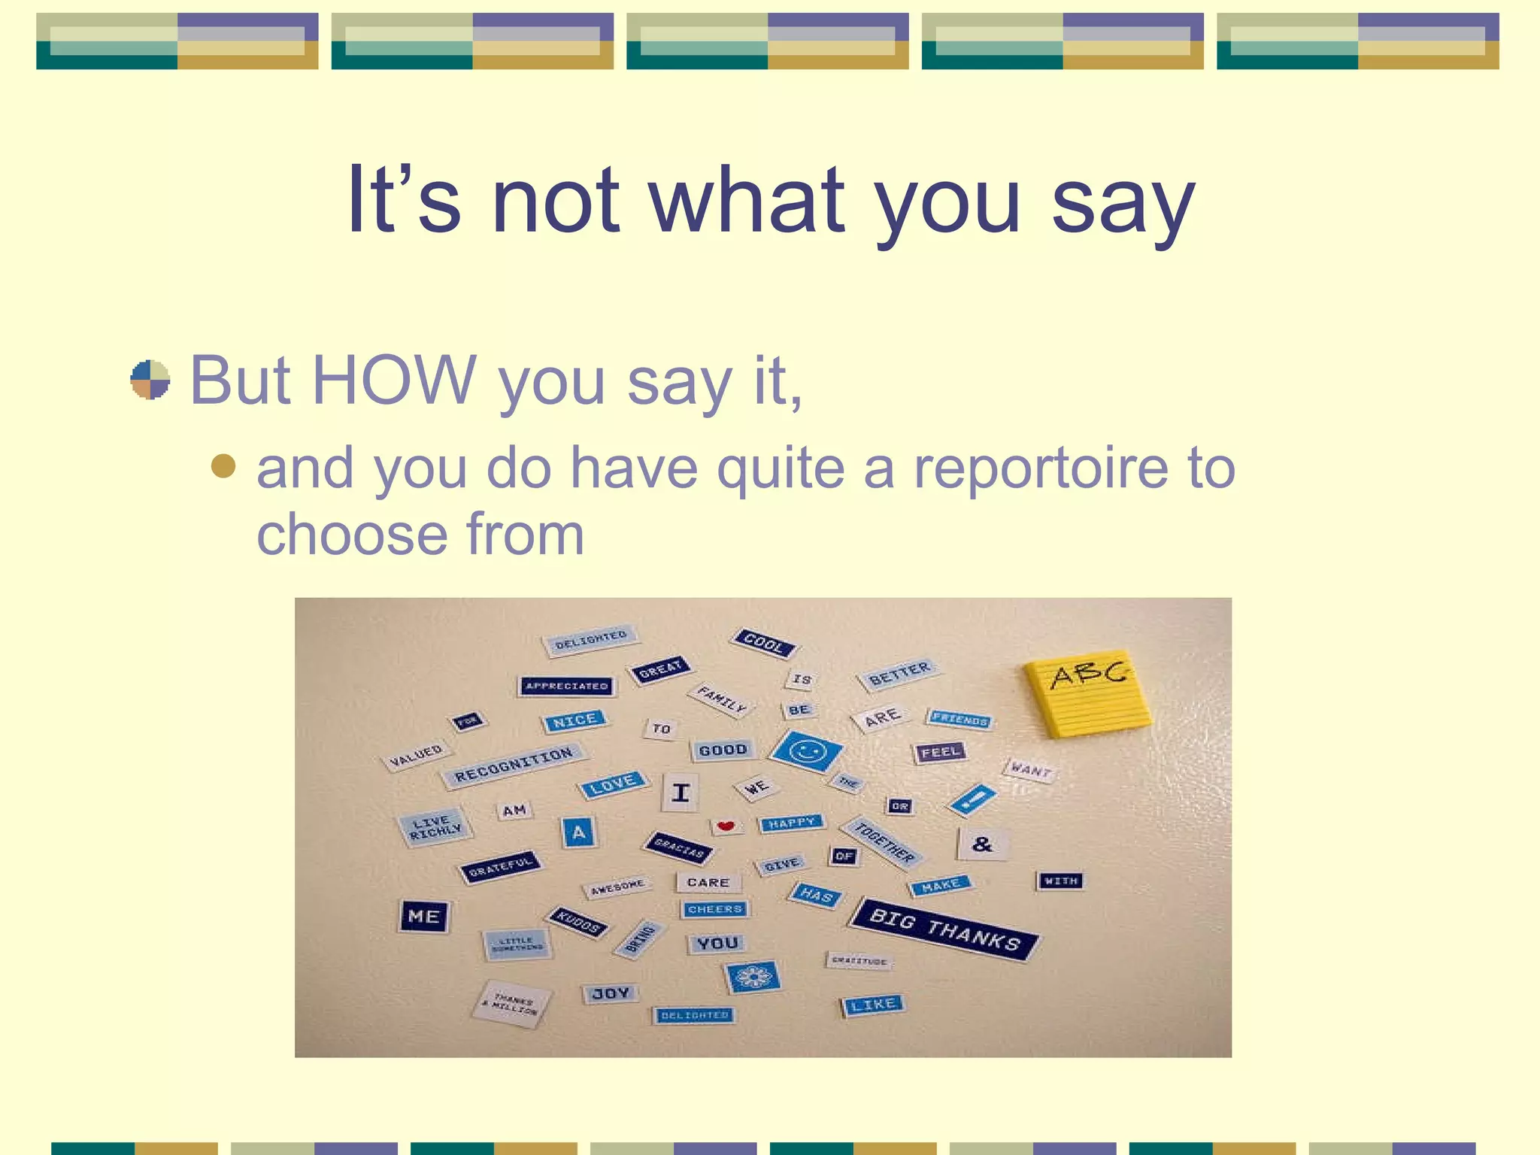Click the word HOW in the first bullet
393,380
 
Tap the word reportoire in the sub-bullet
1041,468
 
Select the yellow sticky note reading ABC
1088,693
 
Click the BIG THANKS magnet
944,930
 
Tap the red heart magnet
726,826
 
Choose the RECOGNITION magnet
514,765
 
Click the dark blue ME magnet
423,916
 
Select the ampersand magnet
981,844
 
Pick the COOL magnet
763,643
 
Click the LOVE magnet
613,785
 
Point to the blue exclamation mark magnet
972,799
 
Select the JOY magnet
610,994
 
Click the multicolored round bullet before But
150,380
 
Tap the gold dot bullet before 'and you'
223,466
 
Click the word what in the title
747,200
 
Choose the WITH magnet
1060,881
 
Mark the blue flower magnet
752,977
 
